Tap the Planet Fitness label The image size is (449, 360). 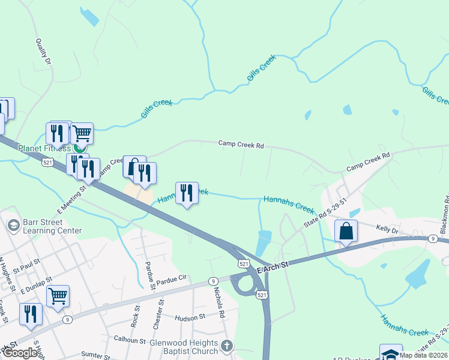click(44, 148)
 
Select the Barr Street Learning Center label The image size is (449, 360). click(52, 226)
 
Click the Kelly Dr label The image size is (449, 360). click(387, 230)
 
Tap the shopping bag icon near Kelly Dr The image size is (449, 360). click(347, 231)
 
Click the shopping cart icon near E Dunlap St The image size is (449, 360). click(58, 295)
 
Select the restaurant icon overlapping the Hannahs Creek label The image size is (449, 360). click(187, 193)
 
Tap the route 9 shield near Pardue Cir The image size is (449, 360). click(212, 281)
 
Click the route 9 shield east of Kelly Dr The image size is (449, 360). click(432, 239)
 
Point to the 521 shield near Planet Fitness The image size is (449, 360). click(47, 161)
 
